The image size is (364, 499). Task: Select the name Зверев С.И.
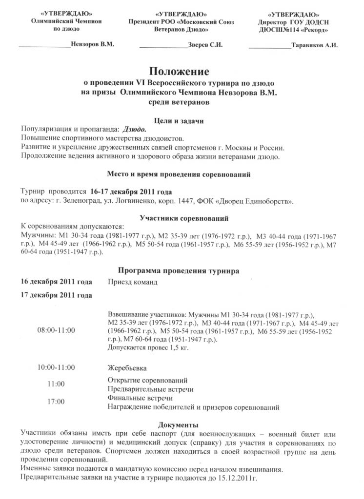(x=205, y=45)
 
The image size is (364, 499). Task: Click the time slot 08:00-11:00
(x=56, y=330)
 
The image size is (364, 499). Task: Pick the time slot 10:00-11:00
(x=56, y=366)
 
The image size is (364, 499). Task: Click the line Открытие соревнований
(x=147, y=380)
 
